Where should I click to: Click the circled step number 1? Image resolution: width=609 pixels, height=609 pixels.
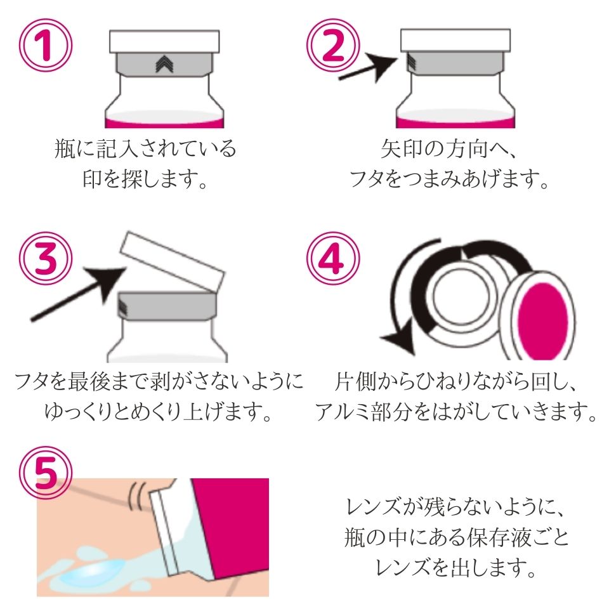click(46, 45)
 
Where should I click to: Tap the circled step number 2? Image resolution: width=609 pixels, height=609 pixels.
click(333, 45)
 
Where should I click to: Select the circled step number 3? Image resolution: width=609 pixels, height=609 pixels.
click(46, 258)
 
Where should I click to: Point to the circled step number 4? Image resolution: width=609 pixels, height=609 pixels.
click(333, 258)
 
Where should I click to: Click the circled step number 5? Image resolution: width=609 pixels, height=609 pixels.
click(46, 473)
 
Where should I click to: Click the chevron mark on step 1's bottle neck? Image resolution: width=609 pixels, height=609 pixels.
click(164, 63)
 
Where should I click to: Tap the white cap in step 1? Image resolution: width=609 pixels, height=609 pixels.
click(164, 42)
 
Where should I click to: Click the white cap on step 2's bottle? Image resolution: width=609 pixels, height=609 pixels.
click(455, 40)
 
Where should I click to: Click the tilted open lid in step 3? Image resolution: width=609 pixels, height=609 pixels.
click(173, 261)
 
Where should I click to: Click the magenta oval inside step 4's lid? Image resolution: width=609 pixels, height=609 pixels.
click(543, 321)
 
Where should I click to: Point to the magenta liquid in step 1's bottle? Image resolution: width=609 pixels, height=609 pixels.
click(164, 124)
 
